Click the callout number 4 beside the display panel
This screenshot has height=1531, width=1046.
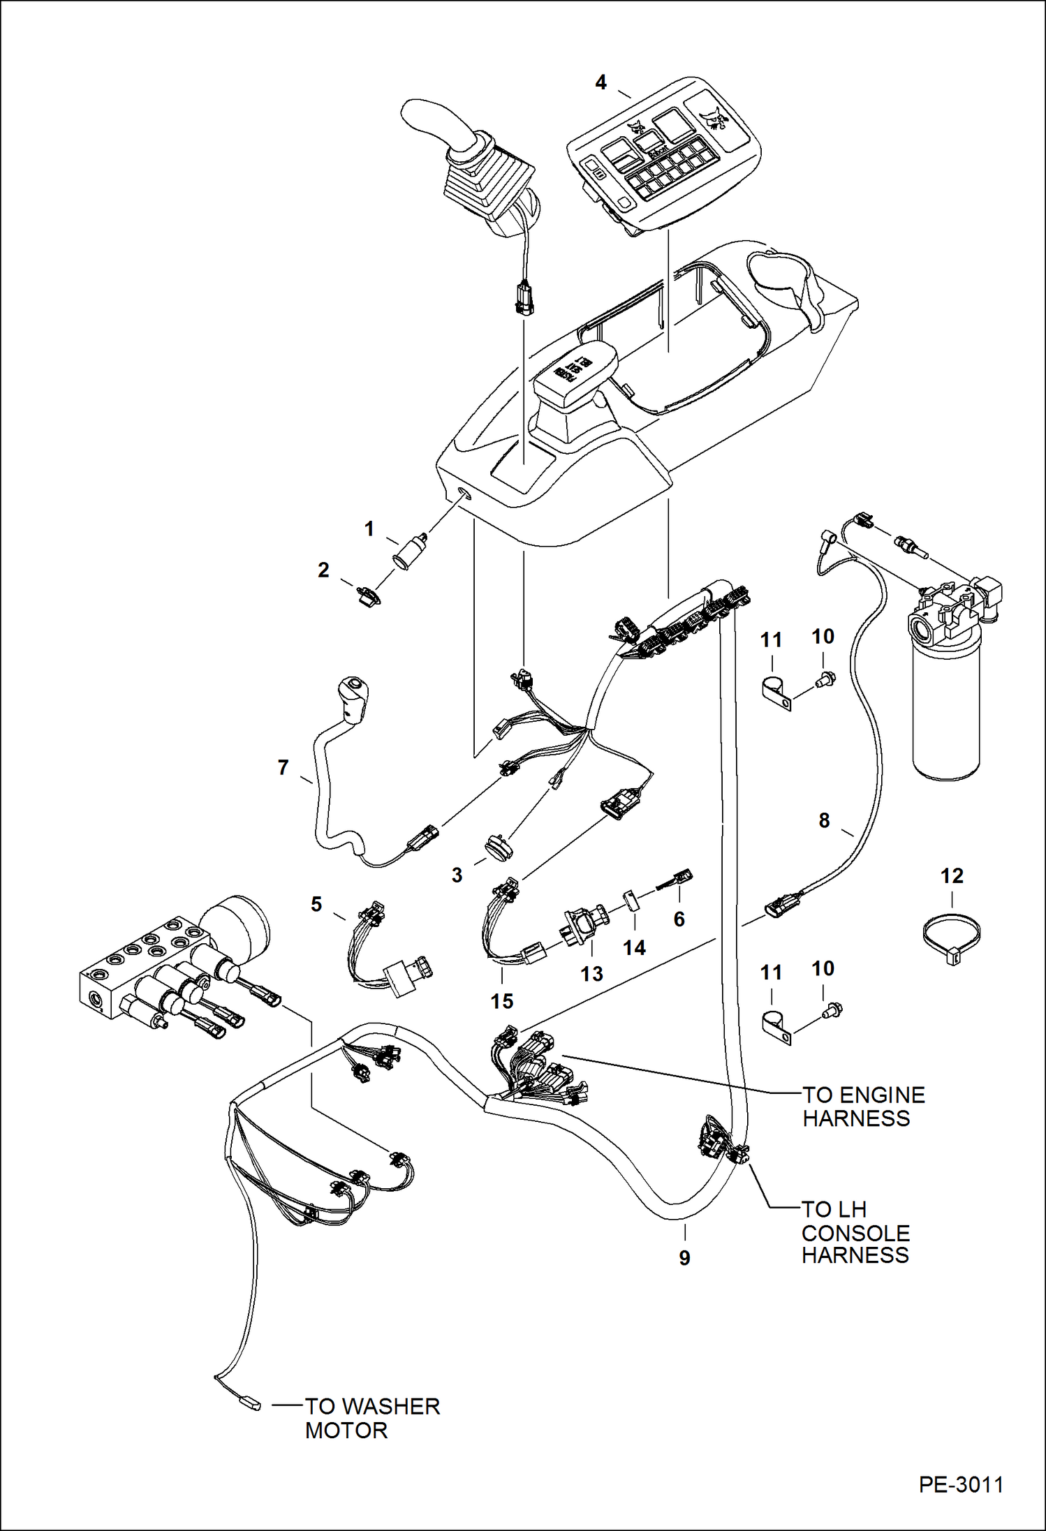pyautogui.click(x=601, y=82)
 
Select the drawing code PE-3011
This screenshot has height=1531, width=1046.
pyautogui.click(x=961, y=1484)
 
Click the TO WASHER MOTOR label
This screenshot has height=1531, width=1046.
pyautogui.click(x=371, y=1418)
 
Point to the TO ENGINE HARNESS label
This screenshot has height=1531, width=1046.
pyautogui.click(x=862, y=1107)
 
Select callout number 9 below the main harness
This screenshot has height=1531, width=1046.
pyautogui.click(x=684, y=1258)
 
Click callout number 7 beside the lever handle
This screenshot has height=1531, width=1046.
pyautogui.click(x=283, y=768)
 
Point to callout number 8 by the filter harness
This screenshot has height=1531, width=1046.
pyautogui.click(x=824, y=820)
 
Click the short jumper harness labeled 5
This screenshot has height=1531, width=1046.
pyautogui.click(x=388, y=949)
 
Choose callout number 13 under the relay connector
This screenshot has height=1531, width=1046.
pyautogui.click(x=591, y=974)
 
